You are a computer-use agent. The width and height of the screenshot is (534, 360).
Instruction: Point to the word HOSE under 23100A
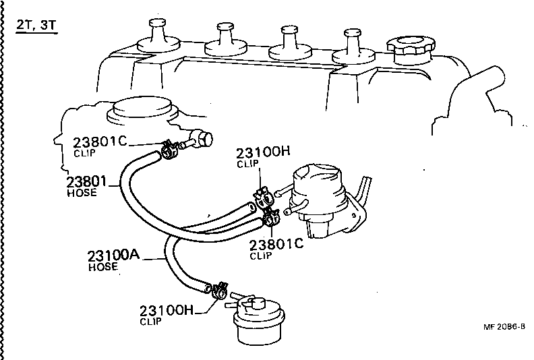[103, 267]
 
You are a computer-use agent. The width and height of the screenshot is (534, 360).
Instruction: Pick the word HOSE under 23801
[82, 193]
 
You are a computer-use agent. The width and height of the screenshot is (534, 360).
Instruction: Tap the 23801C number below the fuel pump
[276, 245]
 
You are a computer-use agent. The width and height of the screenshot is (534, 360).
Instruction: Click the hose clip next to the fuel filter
[218, 292]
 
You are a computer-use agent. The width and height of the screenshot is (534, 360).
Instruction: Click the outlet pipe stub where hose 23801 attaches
[202, 140]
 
